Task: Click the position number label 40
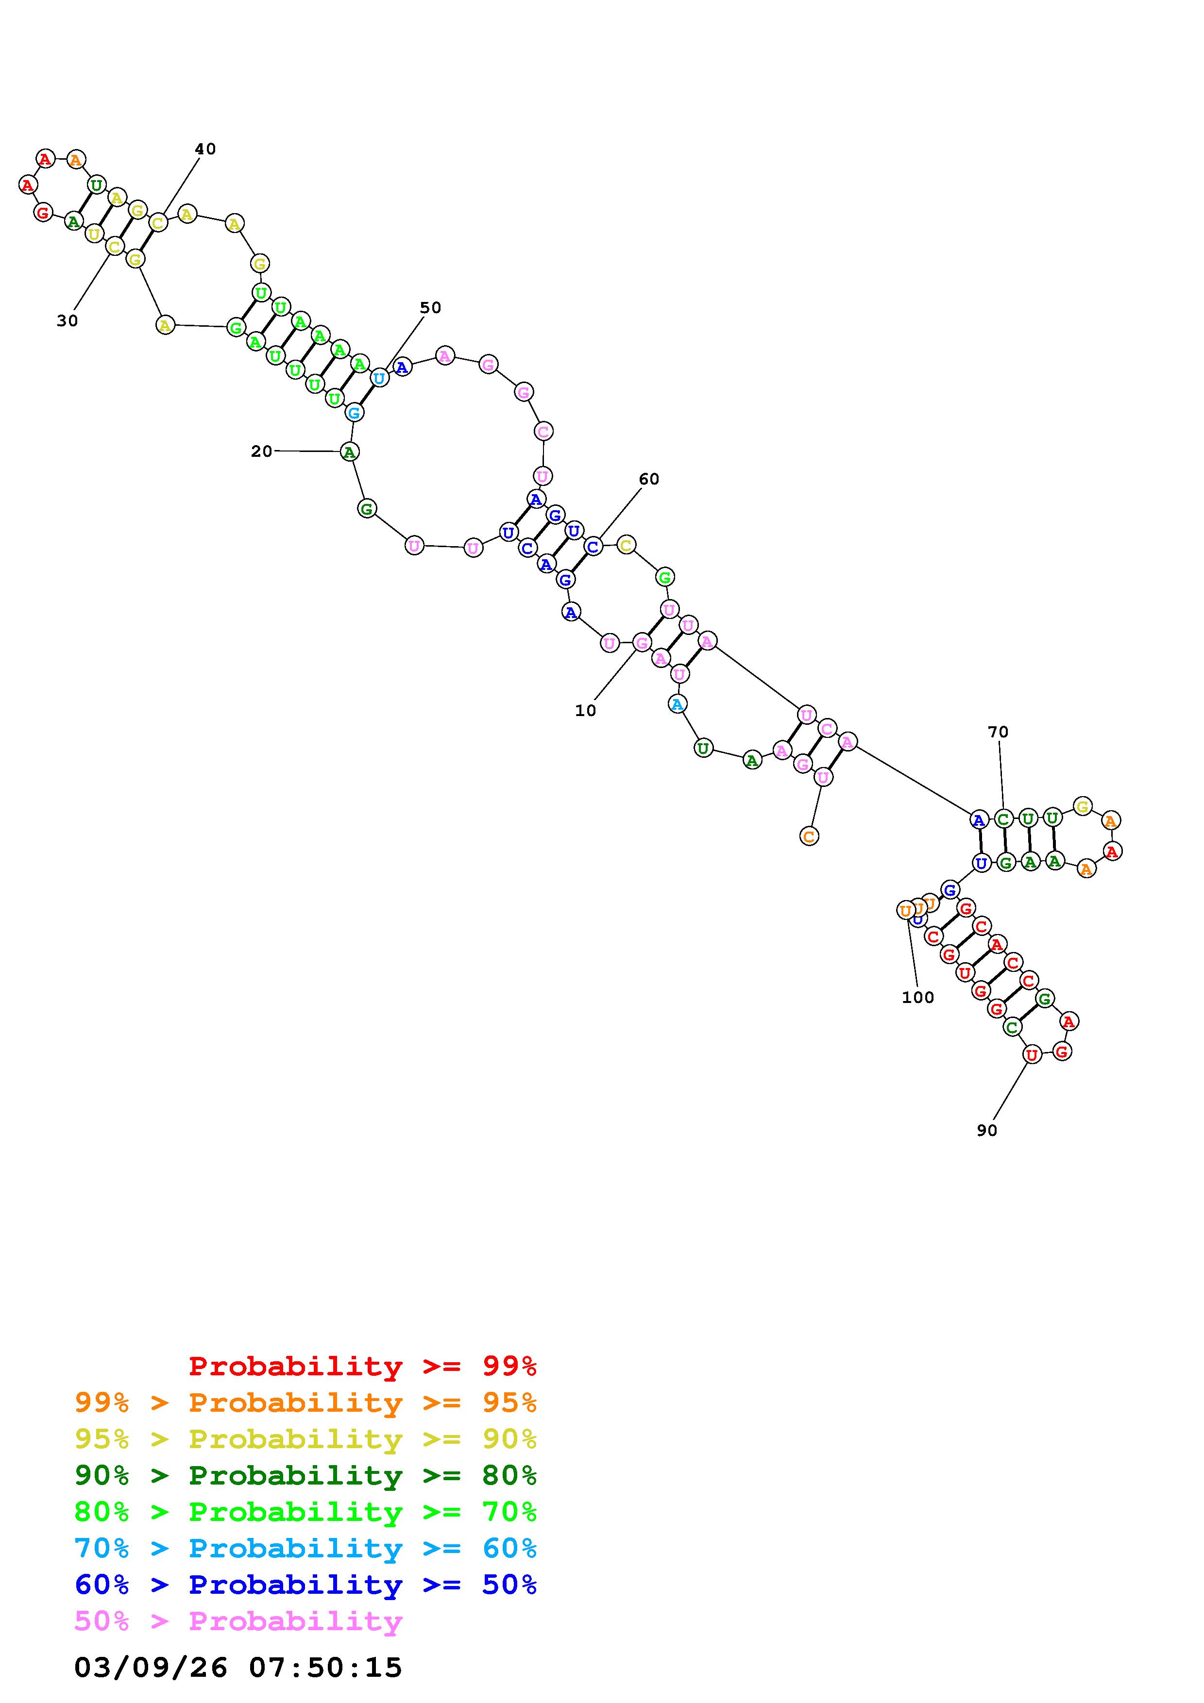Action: point(205,149)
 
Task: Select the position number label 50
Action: point(430,308)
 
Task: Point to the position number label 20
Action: point(261,451)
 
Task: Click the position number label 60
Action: point(648,479)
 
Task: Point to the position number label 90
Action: point(986,1130)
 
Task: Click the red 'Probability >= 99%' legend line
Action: point(363,1366)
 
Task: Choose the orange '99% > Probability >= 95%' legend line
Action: point(305,1402)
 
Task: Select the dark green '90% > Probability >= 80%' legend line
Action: point(305,1475)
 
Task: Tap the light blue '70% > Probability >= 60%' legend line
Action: point(305,1548)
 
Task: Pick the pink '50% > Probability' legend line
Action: point(239,1620)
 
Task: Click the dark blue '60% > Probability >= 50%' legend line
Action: point(305,1585)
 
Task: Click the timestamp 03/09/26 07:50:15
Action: point(238,1668)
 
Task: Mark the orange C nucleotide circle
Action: point(809,836)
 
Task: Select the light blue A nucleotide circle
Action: point(677,704)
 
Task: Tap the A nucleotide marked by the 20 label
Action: point(349,451)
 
